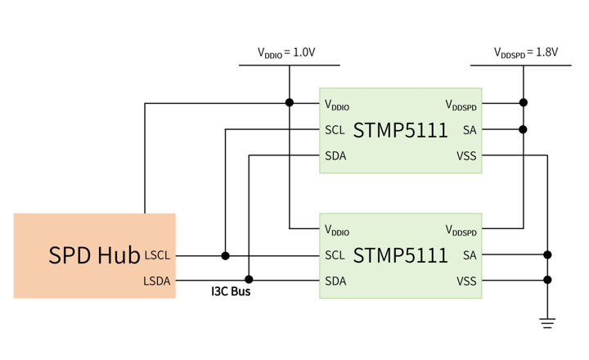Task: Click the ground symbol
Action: click(x=547, y=323)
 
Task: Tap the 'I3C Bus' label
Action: click(x=231, y=291)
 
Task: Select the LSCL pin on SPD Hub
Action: click(x=157, y=255)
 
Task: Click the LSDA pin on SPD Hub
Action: click(x=156, y=281)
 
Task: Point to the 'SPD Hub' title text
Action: click(x=94, y=255)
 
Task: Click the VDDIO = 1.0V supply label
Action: click(x=286, y=52)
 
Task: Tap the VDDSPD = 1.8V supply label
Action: click(x=526, y=52)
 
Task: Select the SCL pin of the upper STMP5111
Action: click(x=335, y=130)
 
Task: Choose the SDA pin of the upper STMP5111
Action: click(x=335, y=155)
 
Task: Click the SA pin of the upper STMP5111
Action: click(x=470, y=130)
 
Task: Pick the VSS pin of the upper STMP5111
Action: click(x=466, y=155)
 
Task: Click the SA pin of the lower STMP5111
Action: click(x=470, y=255)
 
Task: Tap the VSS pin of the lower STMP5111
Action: click(x=466, y=281)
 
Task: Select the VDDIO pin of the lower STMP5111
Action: click(x=337, y=230)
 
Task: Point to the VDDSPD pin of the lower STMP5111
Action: click(x=461, y=230)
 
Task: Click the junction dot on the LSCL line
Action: click(x=226, y=256)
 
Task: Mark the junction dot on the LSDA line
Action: click(x=249, y=280)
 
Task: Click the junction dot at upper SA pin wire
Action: click(x=523, y=129)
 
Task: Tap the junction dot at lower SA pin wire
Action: click(x=547, y=254)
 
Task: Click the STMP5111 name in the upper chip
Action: click(x=400, y=130)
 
